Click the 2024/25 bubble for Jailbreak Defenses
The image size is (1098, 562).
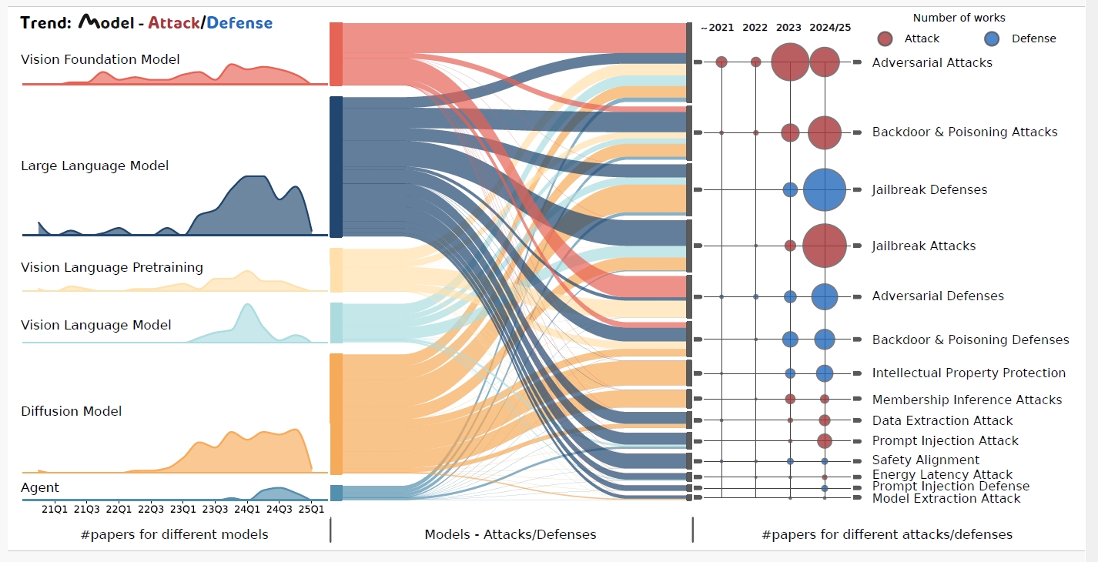(825, 189)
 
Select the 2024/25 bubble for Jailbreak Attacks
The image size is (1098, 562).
(825, 246)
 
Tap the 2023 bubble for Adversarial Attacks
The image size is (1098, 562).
(790, 62)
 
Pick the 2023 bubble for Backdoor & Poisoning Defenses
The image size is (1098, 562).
(790, 339)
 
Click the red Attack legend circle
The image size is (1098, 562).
(885, 38)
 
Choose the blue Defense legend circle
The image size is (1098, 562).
(992, 38)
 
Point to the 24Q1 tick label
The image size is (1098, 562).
(247, 509)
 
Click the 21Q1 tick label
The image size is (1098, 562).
(55, 509)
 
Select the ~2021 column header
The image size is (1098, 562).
(717, 28)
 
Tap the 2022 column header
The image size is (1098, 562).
(755, 28)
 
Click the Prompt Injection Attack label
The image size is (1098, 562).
(945, 441)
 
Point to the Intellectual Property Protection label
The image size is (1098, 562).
(969, 373)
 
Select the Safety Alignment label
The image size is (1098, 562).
(926, 460)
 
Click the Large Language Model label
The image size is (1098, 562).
(95, 166)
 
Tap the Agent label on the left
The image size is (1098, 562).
(40, 487)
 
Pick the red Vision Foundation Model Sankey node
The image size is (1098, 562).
(336, 54)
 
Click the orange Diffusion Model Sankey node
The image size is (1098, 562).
(336, 414)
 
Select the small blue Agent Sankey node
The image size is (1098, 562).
(336, 493)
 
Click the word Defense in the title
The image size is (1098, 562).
(239, 22)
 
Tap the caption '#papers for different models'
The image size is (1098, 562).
(175, 534)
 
